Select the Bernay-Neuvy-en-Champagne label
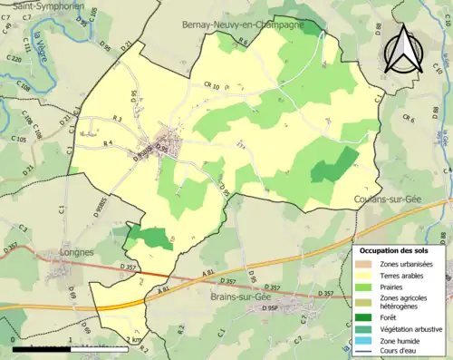click(243, 24)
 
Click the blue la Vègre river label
click(41, 43)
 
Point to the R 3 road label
click(117, 120)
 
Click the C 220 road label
click(14, 59)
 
